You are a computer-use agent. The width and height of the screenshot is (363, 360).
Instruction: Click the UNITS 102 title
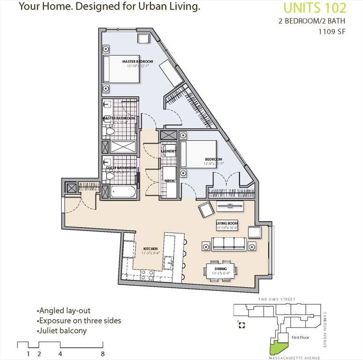(x=315, y=8)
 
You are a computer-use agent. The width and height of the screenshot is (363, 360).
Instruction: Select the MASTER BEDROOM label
(x=137, y=61)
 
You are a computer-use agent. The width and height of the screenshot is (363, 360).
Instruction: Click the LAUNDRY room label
(x=168, y=151)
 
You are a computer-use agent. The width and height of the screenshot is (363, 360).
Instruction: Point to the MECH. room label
(x=169, y=180)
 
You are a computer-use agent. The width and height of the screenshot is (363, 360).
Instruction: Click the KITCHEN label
(x=150, y=249)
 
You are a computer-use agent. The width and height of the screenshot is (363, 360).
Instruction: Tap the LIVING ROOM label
(x=227, y=223)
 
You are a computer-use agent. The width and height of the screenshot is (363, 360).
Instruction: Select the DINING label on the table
(x=220, y=269)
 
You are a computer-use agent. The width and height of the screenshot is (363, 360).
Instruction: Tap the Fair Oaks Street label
(x=277, y=299)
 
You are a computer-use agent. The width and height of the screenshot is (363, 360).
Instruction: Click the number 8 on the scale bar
(x=102, y=353)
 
